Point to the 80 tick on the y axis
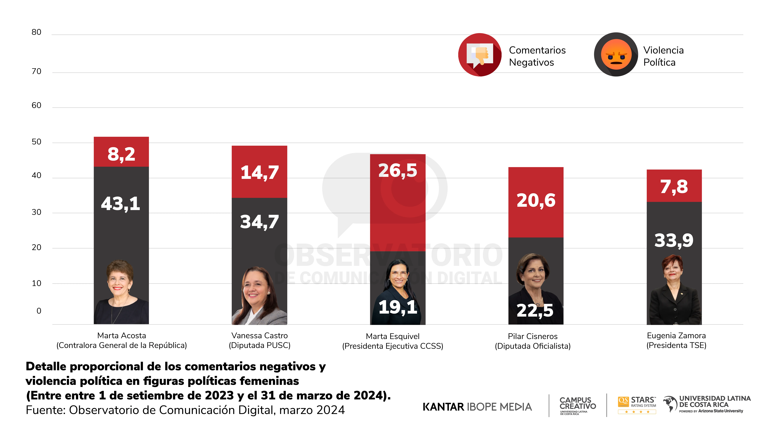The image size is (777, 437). [37, 32]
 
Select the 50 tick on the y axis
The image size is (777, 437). [37, 142]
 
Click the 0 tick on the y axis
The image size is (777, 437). [39, 311]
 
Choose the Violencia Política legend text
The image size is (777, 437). [663, 56]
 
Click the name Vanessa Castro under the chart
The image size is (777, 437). [259, 335]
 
